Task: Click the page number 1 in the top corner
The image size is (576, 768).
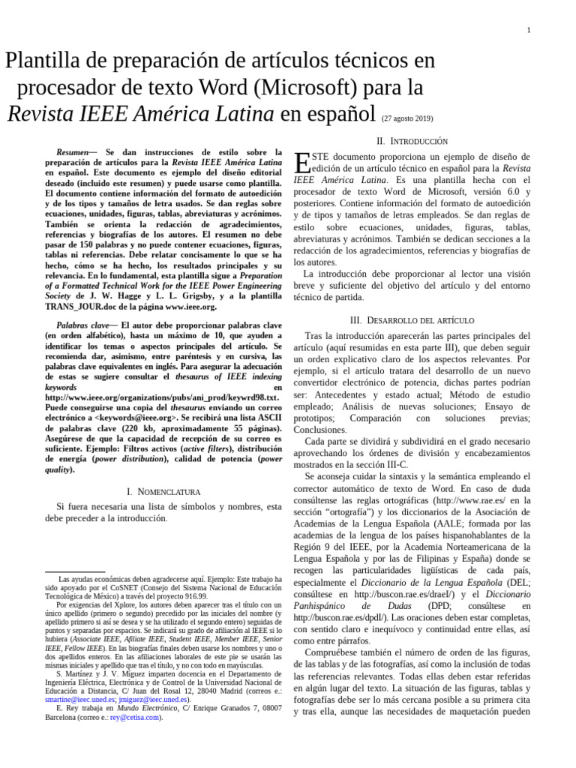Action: click(529, 30)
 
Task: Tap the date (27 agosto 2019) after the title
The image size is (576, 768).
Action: click(407, 118)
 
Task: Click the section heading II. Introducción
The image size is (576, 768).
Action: click(412, 141)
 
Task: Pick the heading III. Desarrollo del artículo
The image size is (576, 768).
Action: click(412, 320)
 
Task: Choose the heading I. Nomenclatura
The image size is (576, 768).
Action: click(163, 491)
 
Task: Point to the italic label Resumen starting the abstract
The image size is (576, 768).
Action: click(73, 151)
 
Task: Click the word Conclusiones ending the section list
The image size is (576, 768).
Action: click(321, 430)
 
